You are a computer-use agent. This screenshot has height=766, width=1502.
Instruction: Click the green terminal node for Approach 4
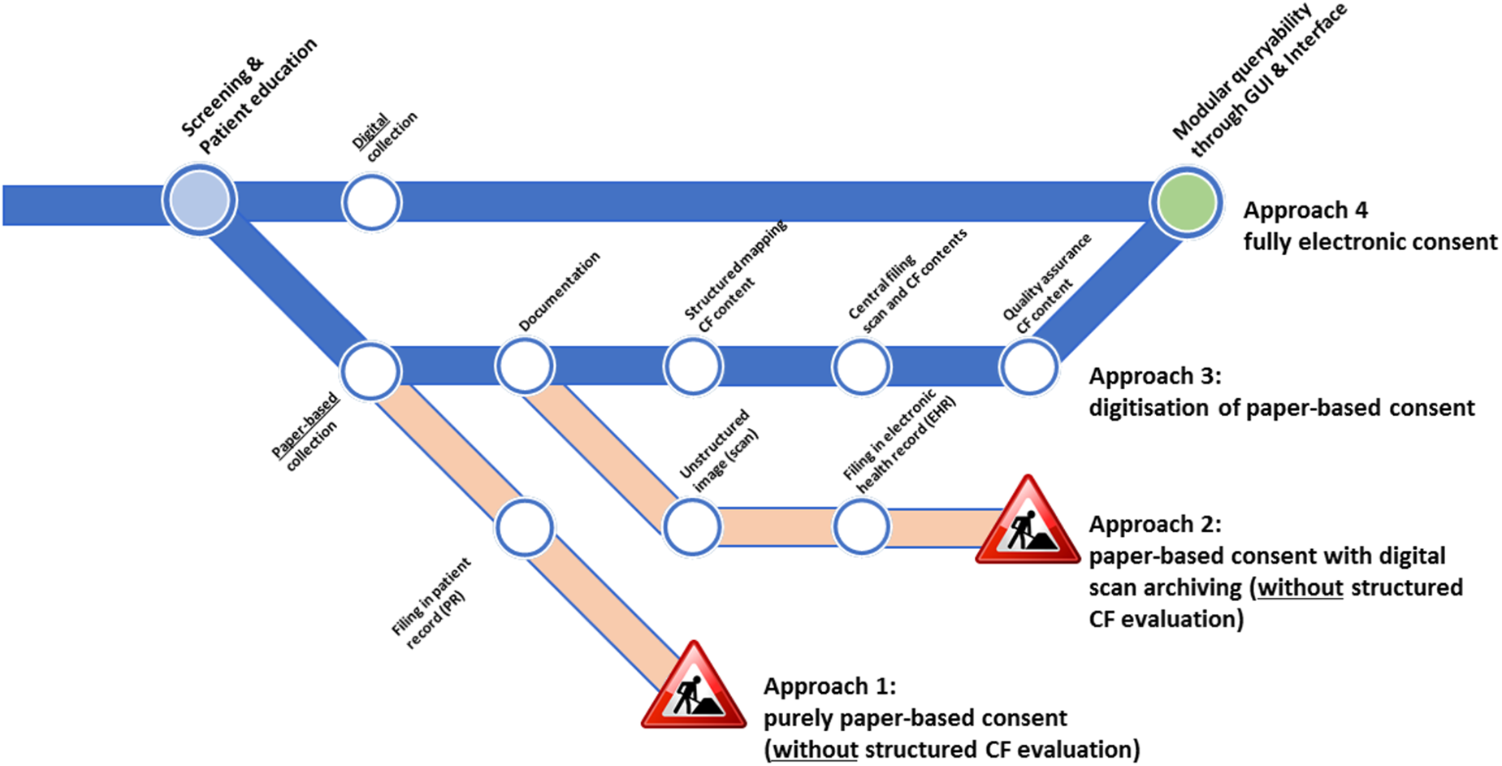1186,203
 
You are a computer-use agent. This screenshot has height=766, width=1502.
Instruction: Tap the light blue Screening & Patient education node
200,200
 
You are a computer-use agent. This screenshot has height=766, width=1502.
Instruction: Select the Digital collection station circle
371,203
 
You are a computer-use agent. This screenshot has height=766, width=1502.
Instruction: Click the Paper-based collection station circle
371,370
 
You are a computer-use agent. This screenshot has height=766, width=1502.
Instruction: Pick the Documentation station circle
525,366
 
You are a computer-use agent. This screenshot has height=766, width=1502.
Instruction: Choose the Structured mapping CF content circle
693,366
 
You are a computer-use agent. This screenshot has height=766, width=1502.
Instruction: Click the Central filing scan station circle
861,366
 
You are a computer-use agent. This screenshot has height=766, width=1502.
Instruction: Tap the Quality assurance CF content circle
1028,367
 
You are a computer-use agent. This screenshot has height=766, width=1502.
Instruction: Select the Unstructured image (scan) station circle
693,526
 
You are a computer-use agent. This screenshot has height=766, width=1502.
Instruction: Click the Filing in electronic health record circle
861,526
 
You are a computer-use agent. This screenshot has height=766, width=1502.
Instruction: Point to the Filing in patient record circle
525,528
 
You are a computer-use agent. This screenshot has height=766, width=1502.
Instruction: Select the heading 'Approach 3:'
1154,377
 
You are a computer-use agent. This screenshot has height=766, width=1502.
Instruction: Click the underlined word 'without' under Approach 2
1301,588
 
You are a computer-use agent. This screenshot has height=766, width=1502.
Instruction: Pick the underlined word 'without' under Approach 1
815,750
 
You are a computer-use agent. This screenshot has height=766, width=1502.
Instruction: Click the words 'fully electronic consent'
1370,242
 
